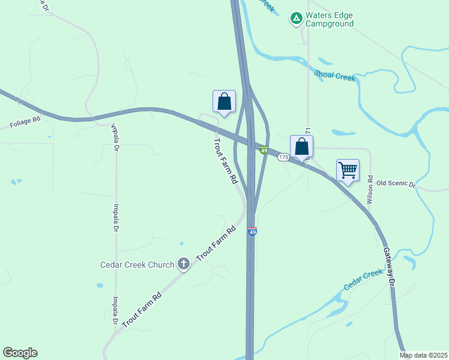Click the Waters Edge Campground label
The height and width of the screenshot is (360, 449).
tap(329, 19)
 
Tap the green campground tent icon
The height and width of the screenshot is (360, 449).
tap(296, 19)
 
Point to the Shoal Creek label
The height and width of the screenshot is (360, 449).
tap(335, 75)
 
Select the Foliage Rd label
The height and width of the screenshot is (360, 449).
tap(25, 122)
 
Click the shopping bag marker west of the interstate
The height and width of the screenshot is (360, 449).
tap(224, 101)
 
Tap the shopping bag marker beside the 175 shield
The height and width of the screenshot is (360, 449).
tap(301, 146)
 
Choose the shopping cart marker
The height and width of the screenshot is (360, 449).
tap(348, 170)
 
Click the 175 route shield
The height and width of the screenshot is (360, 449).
tap(284, 157)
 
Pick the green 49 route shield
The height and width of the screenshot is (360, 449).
tap(264, 151)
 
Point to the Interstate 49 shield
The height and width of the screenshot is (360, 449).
tap(253, 232)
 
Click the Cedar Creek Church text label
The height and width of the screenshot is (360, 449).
tap(137, 264)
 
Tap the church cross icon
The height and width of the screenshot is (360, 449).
tap(184, 263)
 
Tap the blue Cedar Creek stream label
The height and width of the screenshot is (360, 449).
tap(363, 280)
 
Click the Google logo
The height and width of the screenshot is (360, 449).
tap(20, 353)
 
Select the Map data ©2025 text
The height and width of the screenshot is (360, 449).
tap(423, 355)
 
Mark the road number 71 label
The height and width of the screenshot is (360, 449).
tap(308, 131)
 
